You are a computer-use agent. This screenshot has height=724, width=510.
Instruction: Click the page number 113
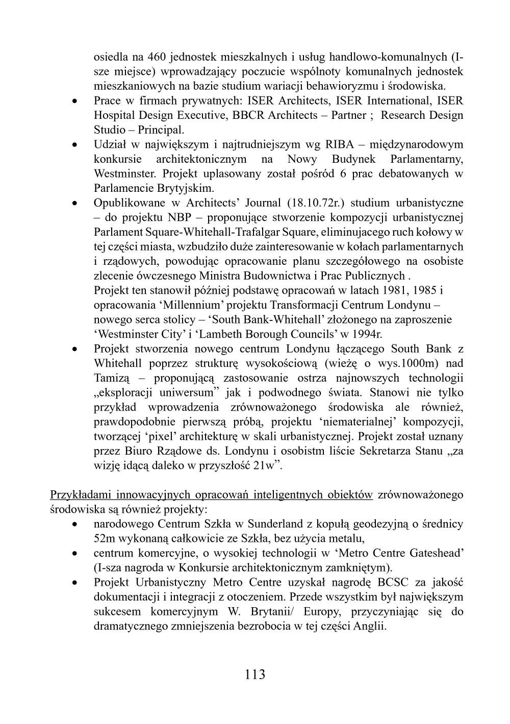pyautogui.click(x=255, y=675)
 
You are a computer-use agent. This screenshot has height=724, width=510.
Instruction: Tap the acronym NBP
pyautogui.click(x=180, y=218)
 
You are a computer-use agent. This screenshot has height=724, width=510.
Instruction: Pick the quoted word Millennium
pyautogui.click(x=192, y=306)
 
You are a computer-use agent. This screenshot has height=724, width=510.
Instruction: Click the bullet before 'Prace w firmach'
pyautogui.click(x=75, y=101)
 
